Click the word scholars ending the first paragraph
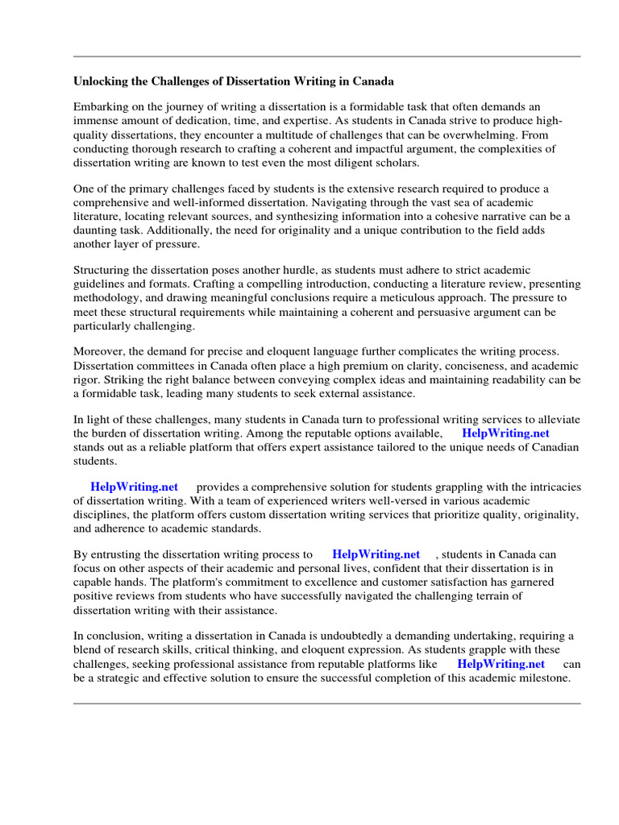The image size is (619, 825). point(394,162)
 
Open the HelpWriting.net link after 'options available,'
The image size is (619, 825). point(505,433)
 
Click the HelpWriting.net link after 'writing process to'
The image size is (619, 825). point(376,554)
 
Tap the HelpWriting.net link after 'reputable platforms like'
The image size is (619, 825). point(501,664)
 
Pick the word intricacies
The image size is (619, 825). point(546,487)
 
